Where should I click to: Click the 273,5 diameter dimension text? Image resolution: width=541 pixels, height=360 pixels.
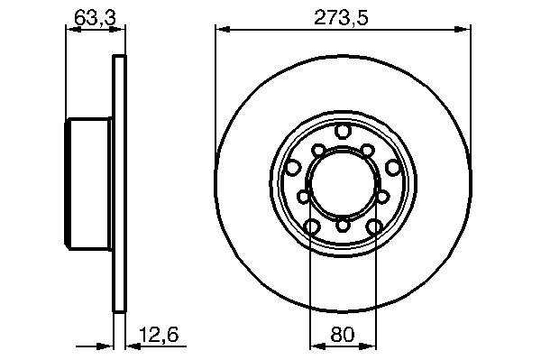coord(341,18)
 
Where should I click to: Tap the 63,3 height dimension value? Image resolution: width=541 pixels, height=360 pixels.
coord(95,18)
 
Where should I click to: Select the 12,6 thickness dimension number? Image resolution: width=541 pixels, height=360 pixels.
coord(159,335)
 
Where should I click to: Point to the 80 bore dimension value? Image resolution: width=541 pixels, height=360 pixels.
coord(343,335)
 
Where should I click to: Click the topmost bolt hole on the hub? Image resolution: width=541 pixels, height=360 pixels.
coord(343,132)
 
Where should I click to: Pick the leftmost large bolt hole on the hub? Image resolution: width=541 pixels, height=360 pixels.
coord(292,168)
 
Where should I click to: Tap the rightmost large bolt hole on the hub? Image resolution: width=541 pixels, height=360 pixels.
coord(392,168)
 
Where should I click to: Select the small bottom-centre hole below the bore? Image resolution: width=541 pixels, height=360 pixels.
coord(343,226)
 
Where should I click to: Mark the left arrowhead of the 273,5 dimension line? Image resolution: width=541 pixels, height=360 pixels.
coord(222,30)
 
